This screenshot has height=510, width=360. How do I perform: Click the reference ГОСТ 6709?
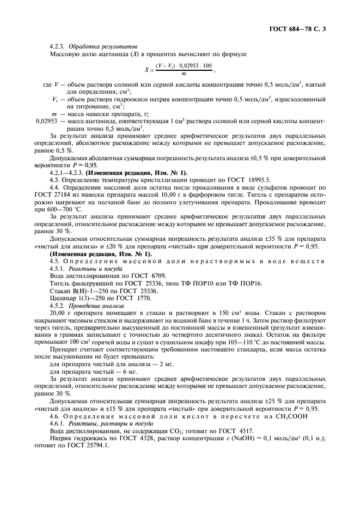[138, 276]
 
